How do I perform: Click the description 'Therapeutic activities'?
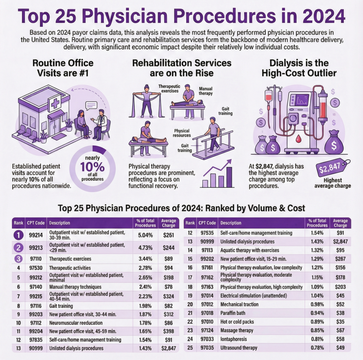click(x=70, y=268)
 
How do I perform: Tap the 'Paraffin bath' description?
click(x=234, y=313)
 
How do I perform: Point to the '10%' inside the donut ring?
click(x=92, y=168)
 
